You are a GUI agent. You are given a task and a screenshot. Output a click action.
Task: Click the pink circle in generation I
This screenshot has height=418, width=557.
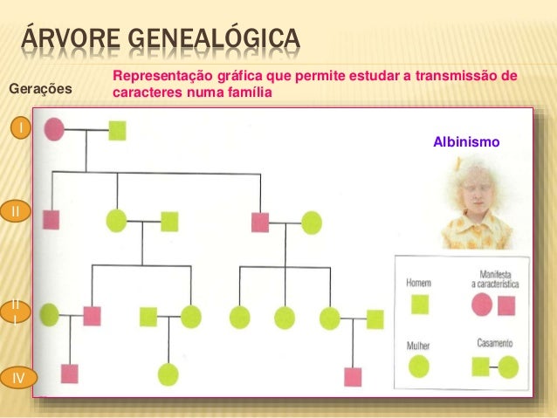point(53,130)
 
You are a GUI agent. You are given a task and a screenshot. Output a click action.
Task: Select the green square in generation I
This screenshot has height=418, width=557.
point(117,131)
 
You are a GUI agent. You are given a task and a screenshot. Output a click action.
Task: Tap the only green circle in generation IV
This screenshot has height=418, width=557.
point(168,374)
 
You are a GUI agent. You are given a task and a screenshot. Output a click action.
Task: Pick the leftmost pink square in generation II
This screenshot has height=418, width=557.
point(52,220)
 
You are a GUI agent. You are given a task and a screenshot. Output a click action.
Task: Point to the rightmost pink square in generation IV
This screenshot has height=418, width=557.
point(353,377)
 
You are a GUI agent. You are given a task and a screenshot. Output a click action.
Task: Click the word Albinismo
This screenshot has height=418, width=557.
point(466,141)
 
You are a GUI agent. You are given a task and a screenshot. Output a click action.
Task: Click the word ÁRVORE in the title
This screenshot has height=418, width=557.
point(72,39)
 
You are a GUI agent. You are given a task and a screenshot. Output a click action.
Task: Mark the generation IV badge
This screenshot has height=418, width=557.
point(18,377)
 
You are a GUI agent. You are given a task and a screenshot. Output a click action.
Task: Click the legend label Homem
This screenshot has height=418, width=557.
point(419,283)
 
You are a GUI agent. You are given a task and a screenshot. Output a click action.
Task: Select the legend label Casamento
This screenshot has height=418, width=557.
point(494,343)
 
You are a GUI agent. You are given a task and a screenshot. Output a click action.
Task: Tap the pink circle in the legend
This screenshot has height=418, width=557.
point(482,305)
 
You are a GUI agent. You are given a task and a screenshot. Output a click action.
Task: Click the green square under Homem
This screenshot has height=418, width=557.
point(420,304)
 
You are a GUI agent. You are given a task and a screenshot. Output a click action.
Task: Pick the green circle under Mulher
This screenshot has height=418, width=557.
point(420,367)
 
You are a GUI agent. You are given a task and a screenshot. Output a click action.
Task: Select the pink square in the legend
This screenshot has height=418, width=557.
point(506,305)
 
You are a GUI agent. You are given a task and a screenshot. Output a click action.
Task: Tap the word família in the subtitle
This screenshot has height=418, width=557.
point(250,92)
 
